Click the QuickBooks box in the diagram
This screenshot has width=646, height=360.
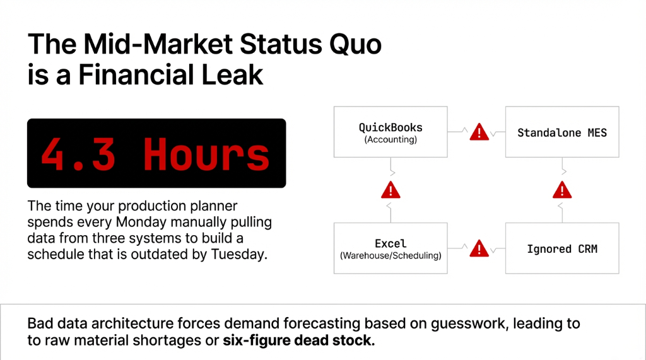click(x=391, y=132)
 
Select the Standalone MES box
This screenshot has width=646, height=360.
click(x=562, y=132)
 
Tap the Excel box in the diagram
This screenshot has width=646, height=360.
click(x=391, y=248)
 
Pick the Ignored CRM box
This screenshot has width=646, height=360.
click(x=562, y=248)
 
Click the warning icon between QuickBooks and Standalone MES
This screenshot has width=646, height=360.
click(x=479, y=132)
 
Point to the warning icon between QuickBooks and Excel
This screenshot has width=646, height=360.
click(x=391, y=189)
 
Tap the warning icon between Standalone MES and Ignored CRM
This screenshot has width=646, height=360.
click(x=561, y=189)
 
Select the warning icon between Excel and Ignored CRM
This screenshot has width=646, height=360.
click(x=479, y=248)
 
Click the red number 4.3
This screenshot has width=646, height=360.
click(x=81, y=153)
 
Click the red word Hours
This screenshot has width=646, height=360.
click(x=206, y=153)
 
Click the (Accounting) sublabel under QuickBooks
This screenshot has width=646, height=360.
click(x=391, y=140)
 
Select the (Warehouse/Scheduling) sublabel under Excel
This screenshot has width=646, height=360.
click(x=391, y=256)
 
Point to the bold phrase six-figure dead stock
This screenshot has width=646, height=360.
click(x=298, y=341)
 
